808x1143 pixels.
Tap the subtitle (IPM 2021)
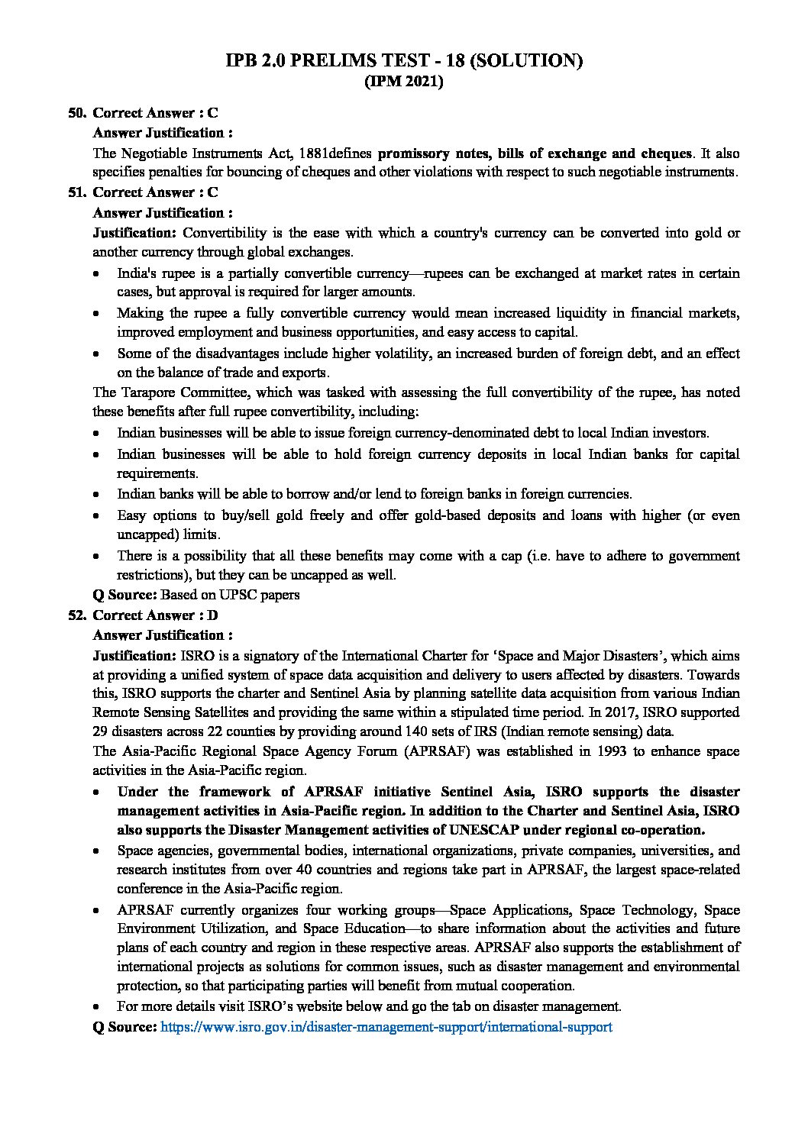click(404, 82)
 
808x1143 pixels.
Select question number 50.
click(77, 113)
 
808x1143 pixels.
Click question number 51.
click(77, 192)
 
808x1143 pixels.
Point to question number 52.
click(77, 615)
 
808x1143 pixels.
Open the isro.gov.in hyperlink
click(386, 1027)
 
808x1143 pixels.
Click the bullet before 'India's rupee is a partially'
click(96, 273)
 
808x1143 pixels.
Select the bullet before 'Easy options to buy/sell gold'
click(96, 516)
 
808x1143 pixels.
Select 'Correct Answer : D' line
click(156, 615)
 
